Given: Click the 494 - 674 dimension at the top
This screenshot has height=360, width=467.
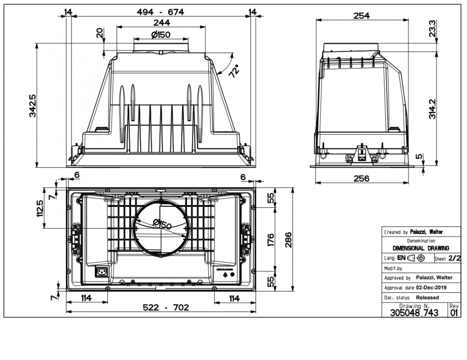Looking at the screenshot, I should pos(161,12).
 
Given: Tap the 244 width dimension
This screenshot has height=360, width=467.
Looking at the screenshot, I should pos(161,22).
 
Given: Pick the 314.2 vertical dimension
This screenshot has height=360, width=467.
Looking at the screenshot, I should pos(432,109).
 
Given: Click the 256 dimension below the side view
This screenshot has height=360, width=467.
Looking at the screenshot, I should pos(361,178).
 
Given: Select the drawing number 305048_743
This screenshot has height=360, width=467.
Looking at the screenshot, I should pos(414,313).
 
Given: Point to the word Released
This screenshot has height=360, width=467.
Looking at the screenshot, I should pos(427,297).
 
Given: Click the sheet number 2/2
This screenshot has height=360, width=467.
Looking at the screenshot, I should pos(454,258).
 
